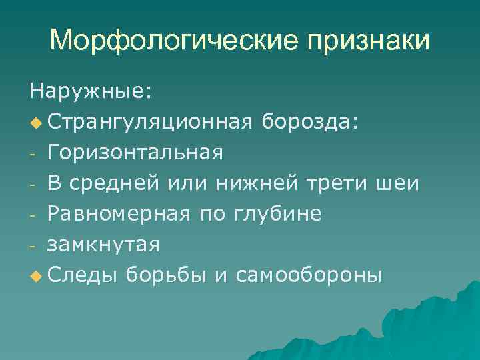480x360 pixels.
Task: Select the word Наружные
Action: point(89,91)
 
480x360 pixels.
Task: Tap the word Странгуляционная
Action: point(149,123)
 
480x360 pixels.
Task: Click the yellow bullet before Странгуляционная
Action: point(35,123)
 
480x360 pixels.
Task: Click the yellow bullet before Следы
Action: point(35,275)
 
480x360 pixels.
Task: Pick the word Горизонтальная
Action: point(135,153)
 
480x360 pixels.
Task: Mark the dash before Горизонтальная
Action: point(32,155)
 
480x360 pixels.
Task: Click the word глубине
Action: point(278,214)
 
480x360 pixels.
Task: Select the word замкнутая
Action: point(103,245)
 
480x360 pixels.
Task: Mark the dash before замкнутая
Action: point(32,246)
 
